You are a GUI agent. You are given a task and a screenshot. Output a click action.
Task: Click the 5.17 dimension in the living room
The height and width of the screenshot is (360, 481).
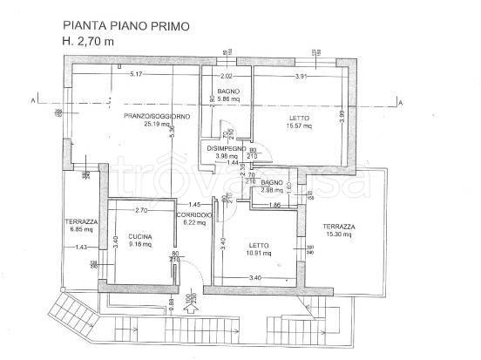tap(137, 76)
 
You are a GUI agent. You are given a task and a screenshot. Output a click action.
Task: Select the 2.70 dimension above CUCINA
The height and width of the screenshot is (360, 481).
tap(141, 212)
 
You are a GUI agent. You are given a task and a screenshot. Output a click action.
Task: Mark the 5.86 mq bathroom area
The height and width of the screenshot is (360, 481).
tap(229, 100)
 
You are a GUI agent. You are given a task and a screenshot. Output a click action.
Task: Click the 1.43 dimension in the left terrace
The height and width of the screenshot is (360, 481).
tap(82, 248)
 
